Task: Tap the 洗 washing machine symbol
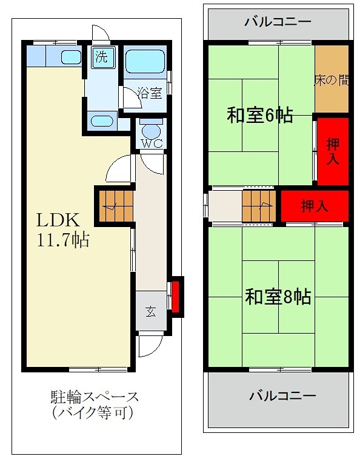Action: tap(101, 58)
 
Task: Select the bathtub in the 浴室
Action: tap(145, 61)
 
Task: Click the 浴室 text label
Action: tap(149, 93)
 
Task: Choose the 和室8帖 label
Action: tap(278, 297)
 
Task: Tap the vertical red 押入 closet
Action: tap(333, 151)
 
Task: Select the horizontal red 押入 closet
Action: tap(315, 205)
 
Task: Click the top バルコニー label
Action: tap(278, 22)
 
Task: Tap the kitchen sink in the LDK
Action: tap(71, 58)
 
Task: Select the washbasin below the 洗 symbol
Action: tap(101, 119)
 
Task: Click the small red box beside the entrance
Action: tap(176, 296)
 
